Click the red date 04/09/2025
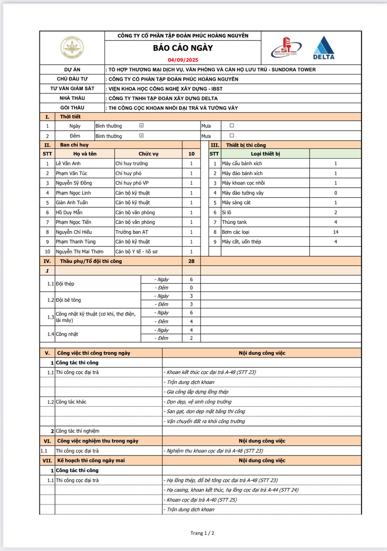click(183, 60)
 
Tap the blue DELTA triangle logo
click(324, 48)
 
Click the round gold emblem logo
click(72, 47)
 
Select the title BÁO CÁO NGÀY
click(183, 48)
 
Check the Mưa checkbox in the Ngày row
click(232, 125)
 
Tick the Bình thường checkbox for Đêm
click(141, 136)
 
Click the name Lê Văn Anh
click(68, 163)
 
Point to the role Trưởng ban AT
click(132, 232)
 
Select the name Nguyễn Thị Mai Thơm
click(79, 251)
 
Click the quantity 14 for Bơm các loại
click(335, 232)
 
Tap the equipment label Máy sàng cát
click(236, 202)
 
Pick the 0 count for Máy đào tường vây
click(335, 193)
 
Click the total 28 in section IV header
click(191, 261)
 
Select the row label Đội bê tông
click(69, 300)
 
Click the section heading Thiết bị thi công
click(246, 145)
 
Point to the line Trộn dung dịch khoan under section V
click(190, 382)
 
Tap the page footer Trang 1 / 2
click(202, 533)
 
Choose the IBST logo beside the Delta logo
click(286, 48)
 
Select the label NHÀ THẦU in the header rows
click(72, 98)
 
